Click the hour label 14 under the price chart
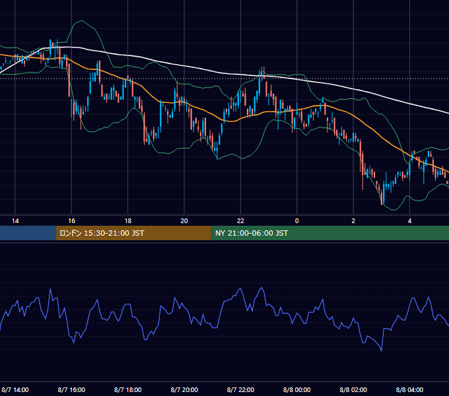coord(15,221)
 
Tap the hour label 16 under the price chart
coord(71,221)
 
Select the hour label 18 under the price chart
coord(128,221)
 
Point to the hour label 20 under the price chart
coord(184,221)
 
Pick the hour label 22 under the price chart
coord(240,221)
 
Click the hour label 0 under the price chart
coord(297,221)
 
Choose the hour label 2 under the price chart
coord(353,221)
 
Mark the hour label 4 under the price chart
coord(410,221)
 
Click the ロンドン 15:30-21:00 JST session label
coord(102,233)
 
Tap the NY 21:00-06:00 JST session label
coord(252,233)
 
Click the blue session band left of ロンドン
coord(28,233)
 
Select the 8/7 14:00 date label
coord(15,390)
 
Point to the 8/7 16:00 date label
coord(71,390)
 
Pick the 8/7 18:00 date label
coord(127,390)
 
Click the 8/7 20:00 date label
coord(184,390)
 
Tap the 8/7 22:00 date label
coord(240,390)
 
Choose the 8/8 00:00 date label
coord(297,390)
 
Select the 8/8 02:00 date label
coord(353,390)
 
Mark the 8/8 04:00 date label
coord(410,390)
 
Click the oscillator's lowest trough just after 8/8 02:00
coord(382,351)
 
